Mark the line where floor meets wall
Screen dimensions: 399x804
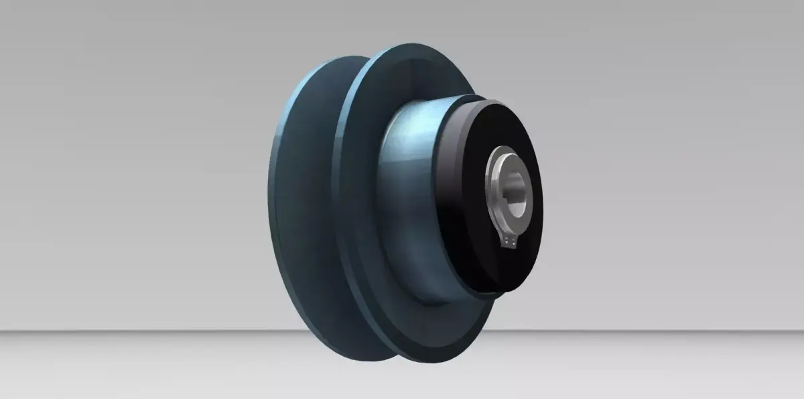(x=134, y=330)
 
